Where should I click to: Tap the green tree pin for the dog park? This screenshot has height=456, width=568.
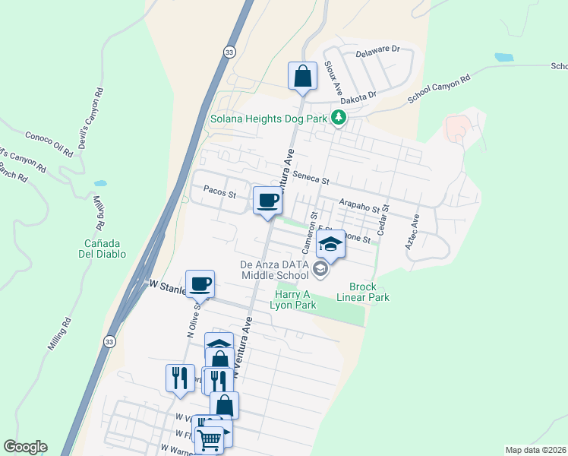339,118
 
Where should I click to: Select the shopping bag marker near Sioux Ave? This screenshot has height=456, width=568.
302,76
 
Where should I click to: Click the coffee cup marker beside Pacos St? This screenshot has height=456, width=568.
267,201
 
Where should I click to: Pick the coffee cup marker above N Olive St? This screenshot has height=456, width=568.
200,284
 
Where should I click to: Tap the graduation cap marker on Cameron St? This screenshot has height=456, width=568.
330,244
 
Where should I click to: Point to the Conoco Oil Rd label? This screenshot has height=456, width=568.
48,141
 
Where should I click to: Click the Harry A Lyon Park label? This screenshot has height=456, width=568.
292,299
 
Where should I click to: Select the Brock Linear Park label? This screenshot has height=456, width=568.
369,292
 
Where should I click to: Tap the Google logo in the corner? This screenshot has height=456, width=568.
25,447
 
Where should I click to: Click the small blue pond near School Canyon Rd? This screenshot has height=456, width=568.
503,57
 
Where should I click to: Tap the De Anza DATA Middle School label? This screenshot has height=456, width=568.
275,268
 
